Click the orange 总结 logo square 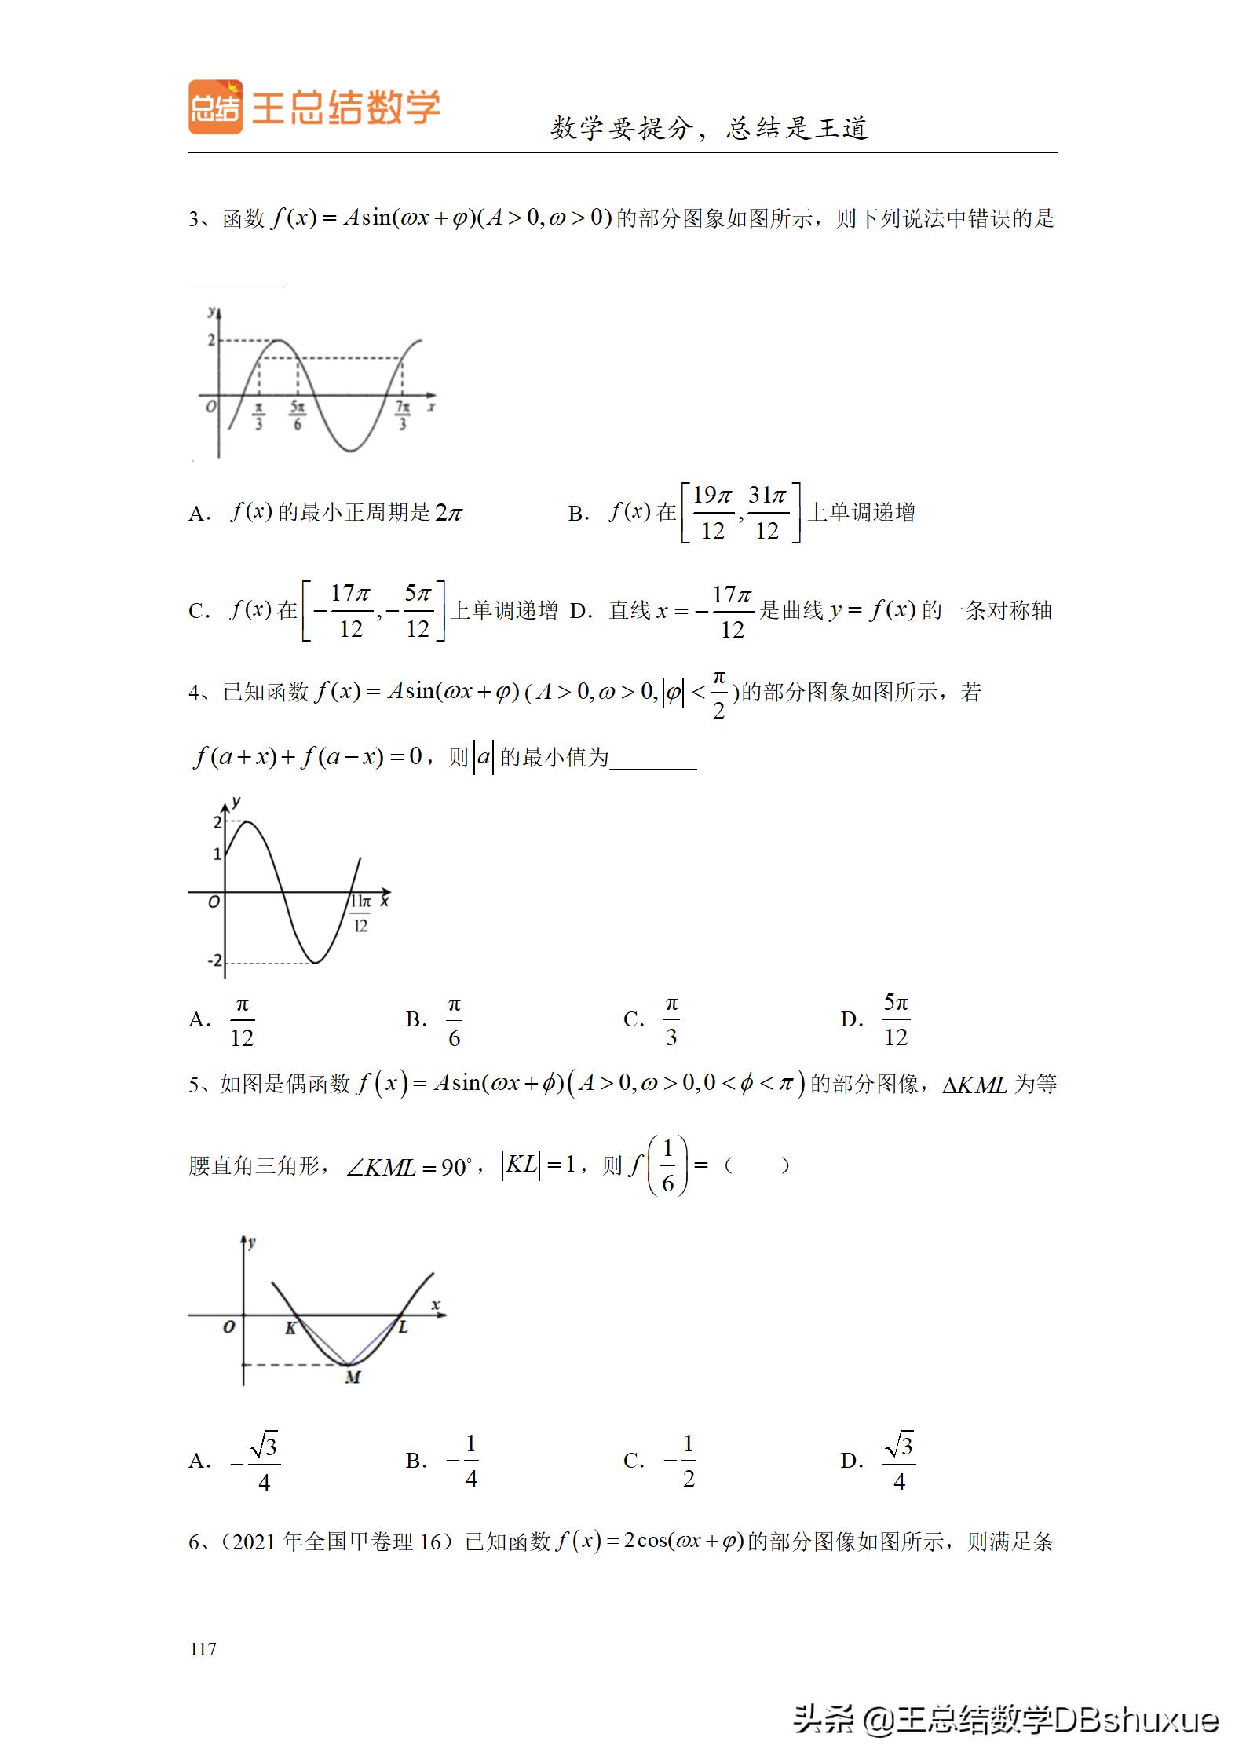point(215,107)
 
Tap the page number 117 point(203,1648)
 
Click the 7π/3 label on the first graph point(403,415)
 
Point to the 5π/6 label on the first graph point(297,415)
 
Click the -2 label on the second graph point(214,961)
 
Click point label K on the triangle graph point(290,1328)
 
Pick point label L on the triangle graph point(403,1327)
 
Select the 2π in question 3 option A point(449,513)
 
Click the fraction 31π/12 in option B point(767,513)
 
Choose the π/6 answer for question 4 point(454,1022)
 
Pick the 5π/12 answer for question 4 point(896,1021)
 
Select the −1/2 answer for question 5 point(682,1461)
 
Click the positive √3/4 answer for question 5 point(900,1461)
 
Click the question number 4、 point(202,692)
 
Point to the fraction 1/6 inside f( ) point(667,1165)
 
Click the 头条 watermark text point(824,1720)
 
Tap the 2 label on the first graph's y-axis point(210,340)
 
